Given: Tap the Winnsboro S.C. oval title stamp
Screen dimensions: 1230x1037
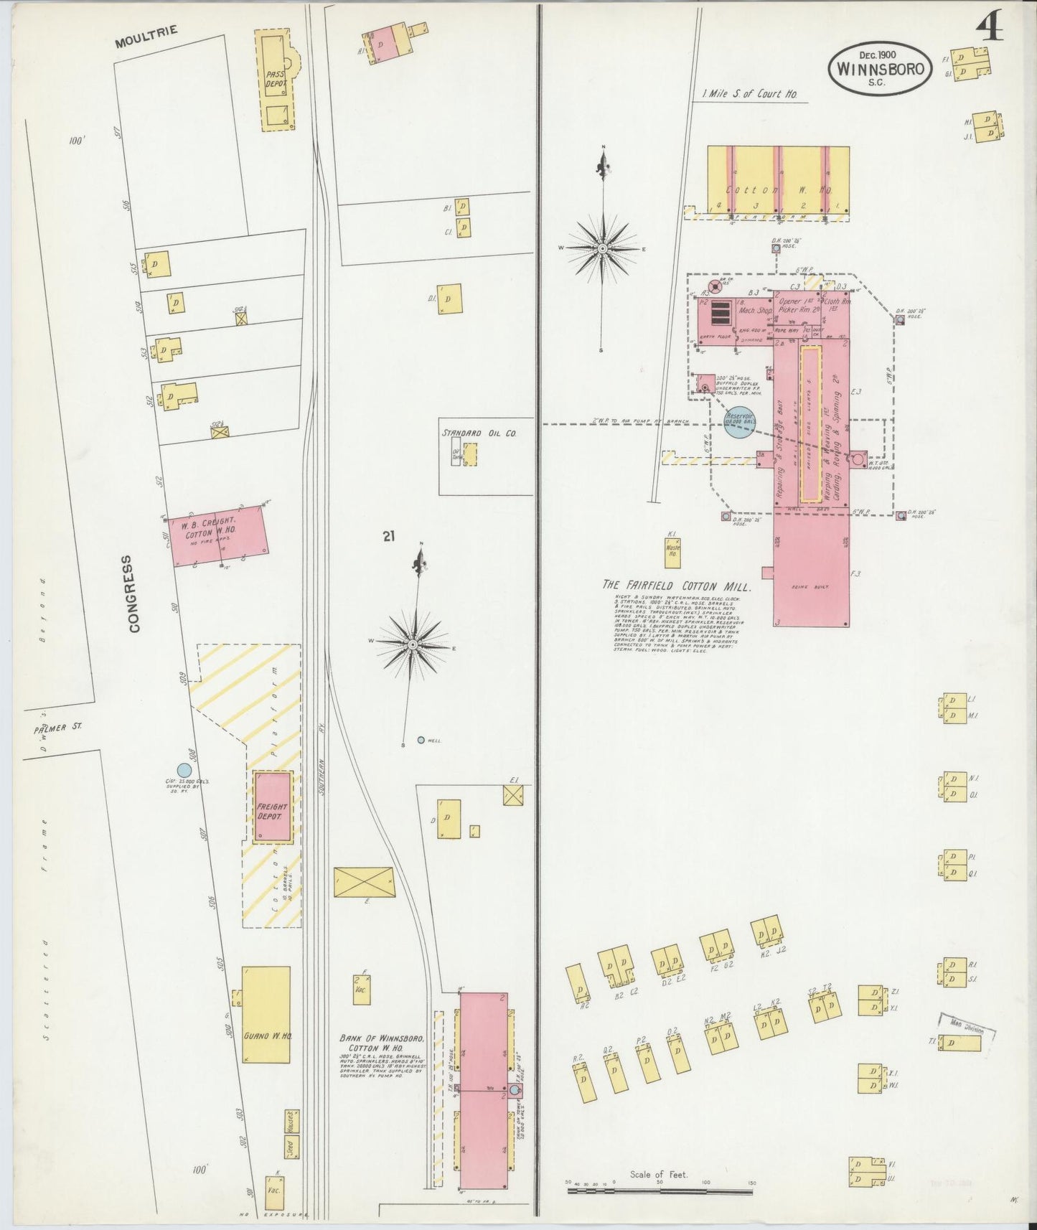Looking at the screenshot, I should (x=881, y=69).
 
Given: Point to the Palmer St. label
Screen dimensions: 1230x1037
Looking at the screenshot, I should (x=57, y=728).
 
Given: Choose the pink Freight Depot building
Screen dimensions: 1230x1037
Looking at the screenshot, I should (x=273, y=807).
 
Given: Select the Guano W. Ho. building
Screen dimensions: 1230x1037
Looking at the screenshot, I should (x=266, y=1015).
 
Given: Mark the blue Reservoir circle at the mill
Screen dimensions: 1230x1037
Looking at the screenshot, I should (x=740, y=422).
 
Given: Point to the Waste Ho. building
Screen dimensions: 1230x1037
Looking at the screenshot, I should (x=672, y=552).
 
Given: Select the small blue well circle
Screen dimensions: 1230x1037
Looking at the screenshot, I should (x=421, y=740).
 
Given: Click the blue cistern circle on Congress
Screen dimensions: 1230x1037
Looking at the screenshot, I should (x=184, y=770).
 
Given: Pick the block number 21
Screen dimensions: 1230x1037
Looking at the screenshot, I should (x=389, y=536).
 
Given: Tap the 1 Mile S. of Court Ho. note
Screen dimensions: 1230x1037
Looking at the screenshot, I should (x=750, y=94).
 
